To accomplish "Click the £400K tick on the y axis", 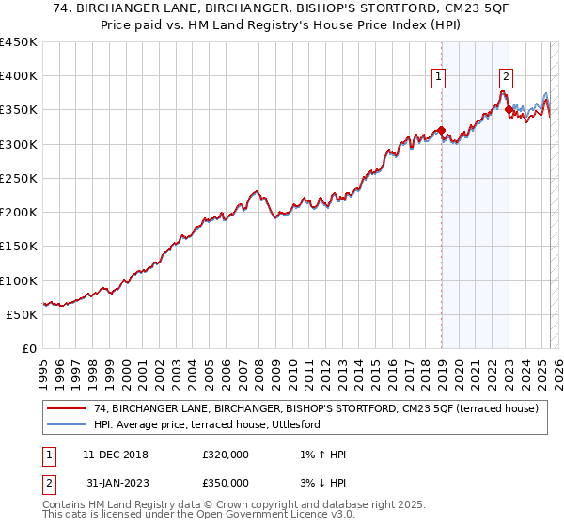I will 18,76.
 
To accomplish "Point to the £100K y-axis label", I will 18,280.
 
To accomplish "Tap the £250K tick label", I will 18,178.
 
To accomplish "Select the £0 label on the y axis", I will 29,348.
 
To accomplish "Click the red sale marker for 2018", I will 441,130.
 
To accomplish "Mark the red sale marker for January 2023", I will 509,109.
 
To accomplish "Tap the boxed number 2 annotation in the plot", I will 506,78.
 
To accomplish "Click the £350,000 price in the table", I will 226,482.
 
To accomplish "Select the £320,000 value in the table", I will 226,455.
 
